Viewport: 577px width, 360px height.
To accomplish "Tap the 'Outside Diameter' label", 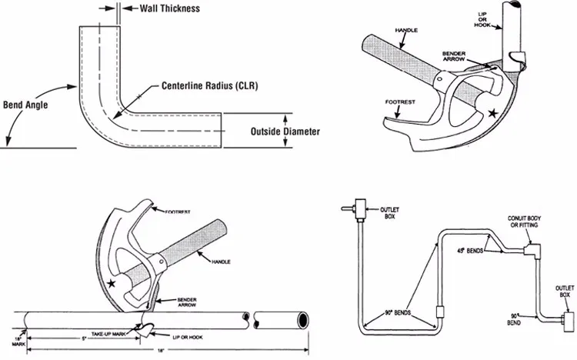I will point(285,131).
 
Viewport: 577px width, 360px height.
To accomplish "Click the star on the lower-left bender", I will point(113,285).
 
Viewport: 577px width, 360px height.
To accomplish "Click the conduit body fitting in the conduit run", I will point(530,248).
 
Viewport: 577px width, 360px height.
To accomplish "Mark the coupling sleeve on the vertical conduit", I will point(440,313).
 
